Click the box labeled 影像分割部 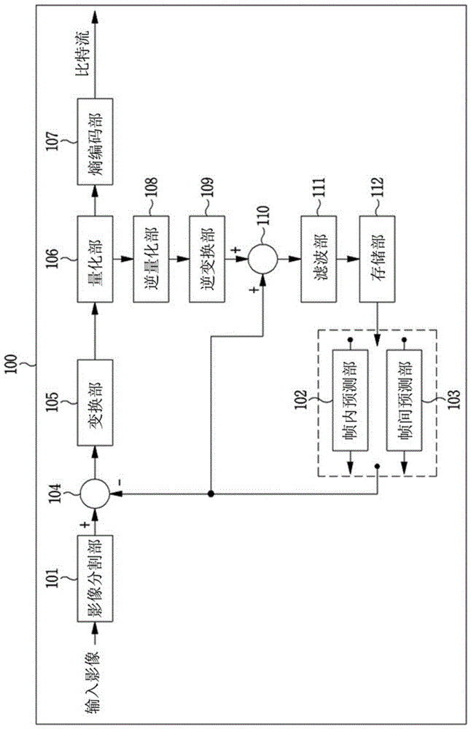click(95, 578)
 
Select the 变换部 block click(95, 402)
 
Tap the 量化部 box click(95, 259)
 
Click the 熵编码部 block click(95, 141)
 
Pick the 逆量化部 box click(151, 259)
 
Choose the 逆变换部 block click(207, 259)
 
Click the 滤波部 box click(319, 259)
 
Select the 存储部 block click(377, 259)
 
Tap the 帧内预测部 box click(350, 400)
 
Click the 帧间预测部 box click(405, 400)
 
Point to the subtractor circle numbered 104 click(95, 494)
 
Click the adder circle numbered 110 click(262, 259)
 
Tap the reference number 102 click(301, 399)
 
